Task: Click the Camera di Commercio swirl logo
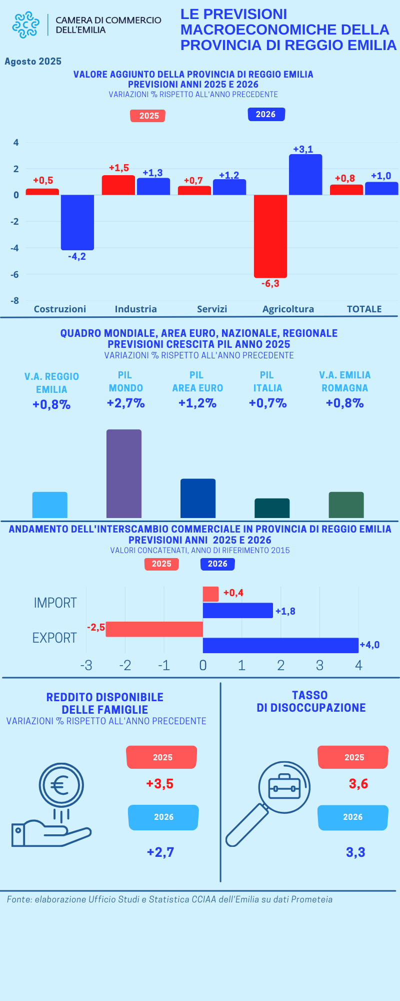click(x=25, y=25)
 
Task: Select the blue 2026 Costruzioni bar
click(x=77, y=222)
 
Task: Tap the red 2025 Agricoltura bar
click(x=270, y=236)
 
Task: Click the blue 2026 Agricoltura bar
click(x=305, y=175)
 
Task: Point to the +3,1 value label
click(x=303, y=149)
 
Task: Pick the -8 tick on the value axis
click(x=15, y=301)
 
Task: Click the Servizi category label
click(x=212, y=309)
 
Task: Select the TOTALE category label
click(x=364, y=309)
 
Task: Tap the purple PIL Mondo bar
click(x=124, y=473)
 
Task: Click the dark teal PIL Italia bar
click(x=272, y=508)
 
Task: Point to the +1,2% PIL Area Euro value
click(x=197, y=403)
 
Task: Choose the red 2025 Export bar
click(x=154, y=629)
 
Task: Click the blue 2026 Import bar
click(x=238, y=611)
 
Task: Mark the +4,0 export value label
click(x=369, y=645)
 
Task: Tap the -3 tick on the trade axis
click(x=86, y=665)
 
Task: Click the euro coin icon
click(x=61, y=785)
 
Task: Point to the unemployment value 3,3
click(x=355, y=852)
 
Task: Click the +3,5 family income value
click(x=160, y=784)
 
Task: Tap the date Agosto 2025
click(x=33, y=62)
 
